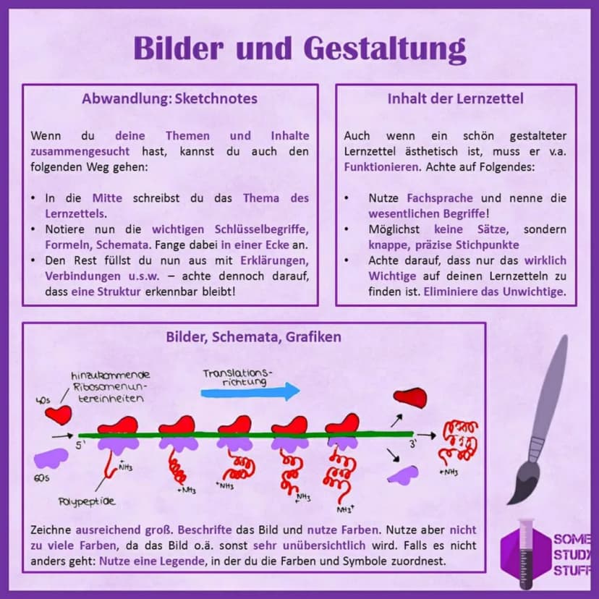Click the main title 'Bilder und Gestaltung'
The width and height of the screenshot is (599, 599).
[x=300, y=49]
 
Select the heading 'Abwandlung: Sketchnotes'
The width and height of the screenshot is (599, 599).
[x=169, y=98]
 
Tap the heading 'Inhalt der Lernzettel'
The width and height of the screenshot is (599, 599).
[x=455, y=98]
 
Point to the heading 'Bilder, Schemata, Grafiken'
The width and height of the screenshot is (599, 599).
[x=254, y=337]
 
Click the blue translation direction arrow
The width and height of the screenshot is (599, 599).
[x=250, y=392]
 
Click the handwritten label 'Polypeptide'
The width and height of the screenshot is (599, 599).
[x=87, y=501]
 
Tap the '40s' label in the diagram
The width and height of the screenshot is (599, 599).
[x=43, y=400]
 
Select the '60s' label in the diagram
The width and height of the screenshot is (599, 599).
[x=42, y=478]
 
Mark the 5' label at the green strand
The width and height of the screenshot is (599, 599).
[x=80, y=445]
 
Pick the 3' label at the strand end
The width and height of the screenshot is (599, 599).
[x=413, y=444]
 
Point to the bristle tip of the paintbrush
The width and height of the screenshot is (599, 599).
[x=509, y=503]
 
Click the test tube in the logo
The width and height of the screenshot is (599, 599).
[x=526, y=553]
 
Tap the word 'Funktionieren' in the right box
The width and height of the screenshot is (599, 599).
[x=381, y=167]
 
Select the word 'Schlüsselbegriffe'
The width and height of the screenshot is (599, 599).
[x=261, y=229]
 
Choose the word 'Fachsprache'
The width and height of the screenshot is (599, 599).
[x=440, y=198]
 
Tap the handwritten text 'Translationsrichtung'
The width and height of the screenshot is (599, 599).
[x=237, y=377]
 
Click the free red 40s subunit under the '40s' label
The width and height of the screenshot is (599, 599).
[x=59, y=415]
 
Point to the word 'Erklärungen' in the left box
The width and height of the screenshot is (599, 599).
[x=274, y=260]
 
